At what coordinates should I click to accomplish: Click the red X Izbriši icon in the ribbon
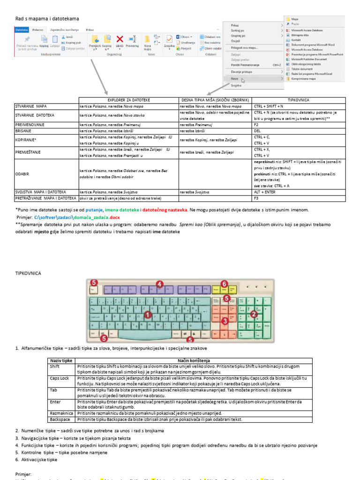[x=120, y=40]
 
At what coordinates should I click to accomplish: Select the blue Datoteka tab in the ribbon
[x=22, y=30]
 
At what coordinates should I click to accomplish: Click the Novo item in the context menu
[x=234, y=79]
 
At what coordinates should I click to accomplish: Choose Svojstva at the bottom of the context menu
[x=236, y=86]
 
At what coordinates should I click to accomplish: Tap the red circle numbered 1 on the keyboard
[x=148, y=315]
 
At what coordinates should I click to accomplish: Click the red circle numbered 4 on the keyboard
[x=159, y=284]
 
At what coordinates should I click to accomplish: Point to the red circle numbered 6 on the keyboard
[x=224, y=284]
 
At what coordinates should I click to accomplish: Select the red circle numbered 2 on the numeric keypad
[x=254, y=314]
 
